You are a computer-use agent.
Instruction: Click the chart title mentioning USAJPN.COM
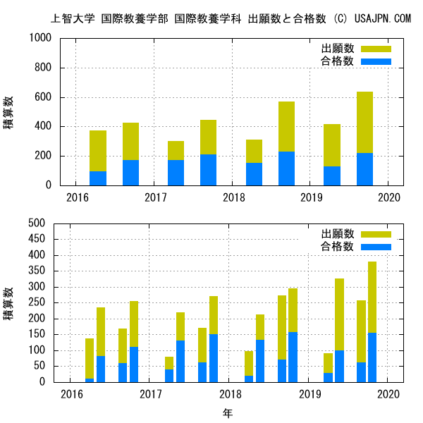point(231,18)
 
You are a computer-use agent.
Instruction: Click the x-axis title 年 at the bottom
point(228,412)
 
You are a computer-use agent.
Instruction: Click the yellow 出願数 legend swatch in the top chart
point(376,49)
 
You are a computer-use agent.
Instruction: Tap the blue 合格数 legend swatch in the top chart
point(376,61)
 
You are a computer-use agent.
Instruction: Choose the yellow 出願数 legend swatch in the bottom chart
point(376,234)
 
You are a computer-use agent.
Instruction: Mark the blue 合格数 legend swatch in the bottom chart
point(376,246)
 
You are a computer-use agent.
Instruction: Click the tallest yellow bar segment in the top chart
point(364,123)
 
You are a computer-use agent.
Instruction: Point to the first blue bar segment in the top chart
point(98,178)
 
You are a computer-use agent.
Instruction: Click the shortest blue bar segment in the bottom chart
point(90,380)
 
